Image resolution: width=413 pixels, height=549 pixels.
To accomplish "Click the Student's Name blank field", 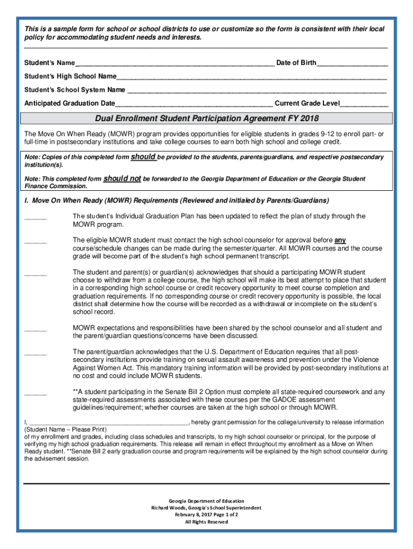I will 174,64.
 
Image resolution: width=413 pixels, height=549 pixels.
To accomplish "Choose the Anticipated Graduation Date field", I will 194,104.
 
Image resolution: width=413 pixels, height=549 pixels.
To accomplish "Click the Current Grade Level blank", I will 364,104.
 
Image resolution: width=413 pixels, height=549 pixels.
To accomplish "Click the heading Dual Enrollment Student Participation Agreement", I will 206,118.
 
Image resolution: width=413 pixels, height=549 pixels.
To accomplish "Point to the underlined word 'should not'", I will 122,179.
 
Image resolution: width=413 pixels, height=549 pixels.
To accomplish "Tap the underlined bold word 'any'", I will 340,240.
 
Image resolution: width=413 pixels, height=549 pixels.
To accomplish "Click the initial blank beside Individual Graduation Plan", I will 35,218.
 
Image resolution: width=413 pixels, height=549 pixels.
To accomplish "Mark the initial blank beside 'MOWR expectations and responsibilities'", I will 35,329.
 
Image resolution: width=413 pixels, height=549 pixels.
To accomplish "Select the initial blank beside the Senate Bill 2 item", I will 35,394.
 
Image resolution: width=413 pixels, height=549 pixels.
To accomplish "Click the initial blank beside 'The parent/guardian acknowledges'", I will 35,353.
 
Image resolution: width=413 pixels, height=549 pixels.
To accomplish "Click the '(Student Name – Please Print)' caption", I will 66,430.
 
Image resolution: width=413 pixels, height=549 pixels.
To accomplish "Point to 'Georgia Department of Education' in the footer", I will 206,501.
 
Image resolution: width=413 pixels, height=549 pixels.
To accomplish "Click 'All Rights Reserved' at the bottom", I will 206,522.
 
